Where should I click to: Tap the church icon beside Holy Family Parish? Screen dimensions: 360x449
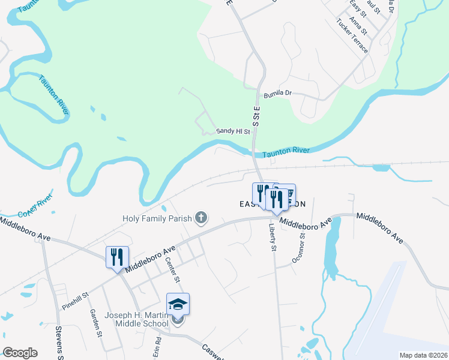click(202, 218)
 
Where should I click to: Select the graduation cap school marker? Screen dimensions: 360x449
click(178, 304)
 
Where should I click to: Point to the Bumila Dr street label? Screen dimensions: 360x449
click(277, 94)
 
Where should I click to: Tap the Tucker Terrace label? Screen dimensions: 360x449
click(352, 35)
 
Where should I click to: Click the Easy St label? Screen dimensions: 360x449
click(358, 8)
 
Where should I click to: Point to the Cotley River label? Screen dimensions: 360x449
click(36, 205)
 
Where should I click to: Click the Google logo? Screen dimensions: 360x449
click(20, 353)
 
